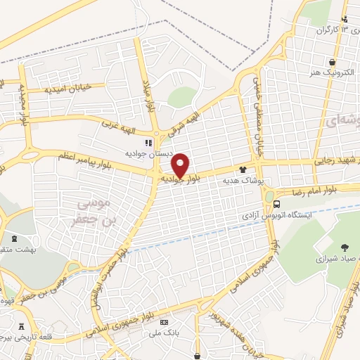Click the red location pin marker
pos(181,165)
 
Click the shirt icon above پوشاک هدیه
pos(243,169)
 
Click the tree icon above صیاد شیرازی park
pos(344,247)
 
